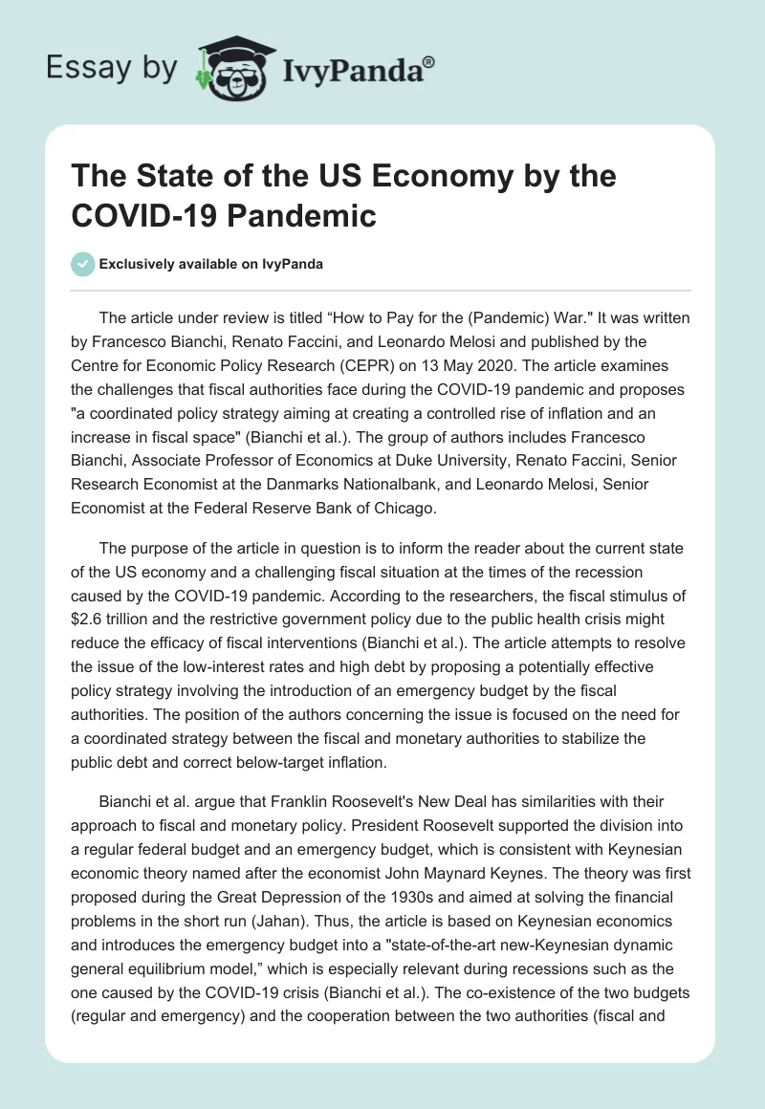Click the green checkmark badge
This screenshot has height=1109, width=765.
pyautogui.click(x=84, y=264)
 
